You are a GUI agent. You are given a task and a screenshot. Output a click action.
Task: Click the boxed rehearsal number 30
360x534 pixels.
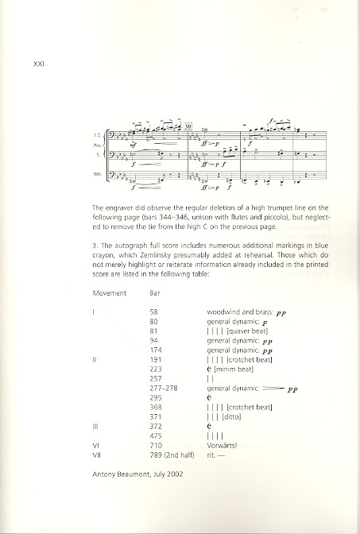point(188,126)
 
